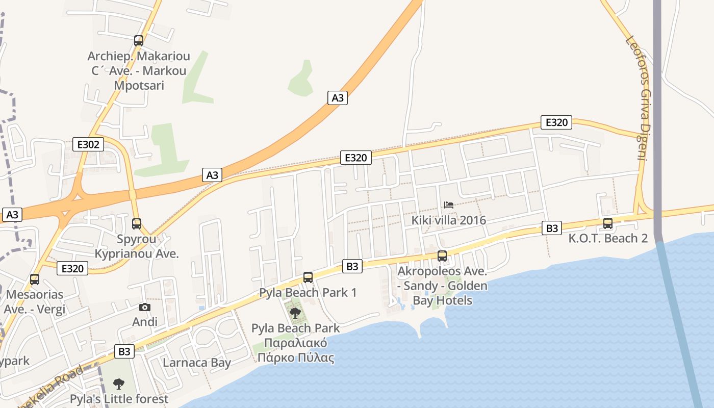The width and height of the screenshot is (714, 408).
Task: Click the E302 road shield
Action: [88, 144]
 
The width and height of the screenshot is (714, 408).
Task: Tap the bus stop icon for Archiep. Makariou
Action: [138, 41]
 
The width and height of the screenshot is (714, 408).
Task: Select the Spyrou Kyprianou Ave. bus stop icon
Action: [136, 223]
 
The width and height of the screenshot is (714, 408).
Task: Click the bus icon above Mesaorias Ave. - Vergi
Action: [35, 279]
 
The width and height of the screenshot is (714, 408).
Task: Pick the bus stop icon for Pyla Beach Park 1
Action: [308, 277]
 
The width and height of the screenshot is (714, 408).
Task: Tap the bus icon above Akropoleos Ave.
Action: [442, 256]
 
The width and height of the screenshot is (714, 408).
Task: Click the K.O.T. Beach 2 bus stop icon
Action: [608, 223]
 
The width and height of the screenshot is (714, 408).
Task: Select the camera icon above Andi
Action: [145, 307]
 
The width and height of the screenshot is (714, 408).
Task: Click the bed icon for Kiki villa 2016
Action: [449, 205]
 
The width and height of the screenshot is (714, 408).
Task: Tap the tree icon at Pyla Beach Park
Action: [295, 313]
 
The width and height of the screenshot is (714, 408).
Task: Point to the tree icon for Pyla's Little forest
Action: [119, 384]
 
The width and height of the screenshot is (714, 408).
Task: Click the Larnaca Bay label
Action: [197, 363]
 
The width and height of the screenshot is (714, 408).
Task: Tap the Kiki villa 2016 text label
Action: [449, 220]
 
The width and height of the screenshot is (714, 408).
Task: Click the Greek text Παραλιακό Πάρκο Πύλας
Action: [296, 350]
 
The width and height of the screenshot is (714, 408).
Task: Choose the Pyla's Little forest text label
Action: [119, 399]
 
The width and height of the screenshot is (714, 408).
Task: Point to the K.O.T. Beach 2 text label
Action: [608, 238]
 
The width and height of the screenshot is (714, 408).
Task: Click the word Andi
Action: [145, 322]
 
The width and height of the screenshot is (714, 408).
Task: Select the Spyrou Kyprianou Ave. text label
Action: [137, 246]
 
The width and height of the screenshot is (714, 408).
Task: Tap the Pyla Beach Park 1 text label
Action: [308, 293]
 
